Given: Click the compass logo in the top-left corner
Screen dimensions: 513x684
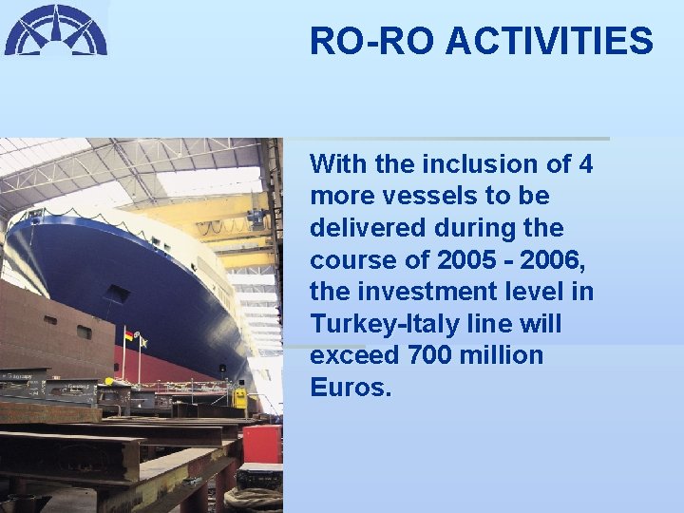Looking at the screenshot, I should (55, 29).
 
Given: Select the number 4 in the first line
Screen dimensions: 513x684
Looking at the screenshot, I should (585, 164).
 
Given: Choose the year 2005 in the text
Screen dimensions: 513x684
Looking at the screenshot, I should (464, 260).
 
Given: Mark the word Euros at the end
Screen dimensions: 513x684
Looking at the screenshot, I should (351, 389).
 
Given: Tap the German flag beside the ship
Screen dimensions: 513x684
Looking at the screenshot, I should (127, 337).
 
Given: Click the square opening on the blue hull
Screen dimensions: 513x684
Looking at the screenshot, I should (118, 294).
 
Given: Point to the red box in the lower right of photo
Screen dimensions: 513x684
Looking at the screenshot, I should (262, 444).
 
